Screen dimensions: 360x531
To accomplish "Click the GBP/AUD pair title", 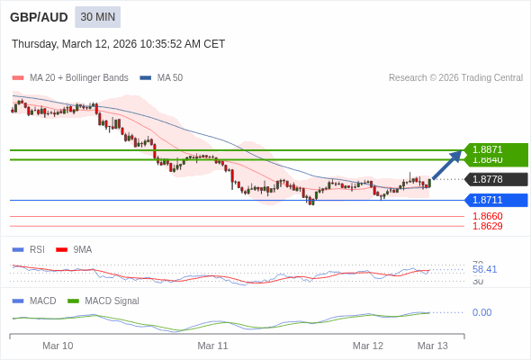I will pyautogui.click(x=38, y=17).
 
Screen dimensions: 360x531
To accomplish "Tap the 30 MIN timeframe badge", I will pyautogui.click(x=97, y=17).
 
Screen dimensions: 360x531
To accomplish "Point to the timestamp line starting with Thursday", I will pyautogui.click(x=118, y=44).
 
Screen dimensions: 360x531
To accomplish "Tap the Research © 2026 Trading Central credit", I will pyautogui.click(x=455, y=77).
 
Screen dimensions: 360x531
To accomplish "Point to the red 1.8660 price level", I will pyautogui.click(x=487, y=216).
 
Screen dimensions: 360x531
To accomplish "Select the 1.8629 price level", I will pyautogui.click(x=487, y=226).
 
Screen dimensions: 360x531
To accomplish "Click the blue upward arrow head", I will pyautogui.click(x=456, y=156).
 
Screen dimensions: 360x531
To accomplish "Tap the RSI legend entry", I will pyautogui.click(x=36, y=249).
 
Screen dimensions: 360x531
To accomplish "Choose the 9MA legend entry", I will pyautogui.click(x=82, y=249).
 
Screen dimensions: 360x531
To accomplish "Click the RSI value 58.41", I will pyautogui.click(x=484, y=269).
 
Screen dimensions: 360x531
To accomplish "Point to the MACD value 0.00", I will pyautogui.click(x=481, y=312).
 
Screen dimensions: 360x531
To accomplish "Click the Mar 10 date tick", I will pyautogui.click(x=58, y=346).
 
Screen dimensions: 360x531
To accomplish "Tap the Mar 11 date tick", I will pyautogui.click(x=212, y=346).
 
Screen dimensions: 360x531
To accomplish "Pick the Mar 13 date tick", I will pyautogui.click(x=432, y=346).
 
